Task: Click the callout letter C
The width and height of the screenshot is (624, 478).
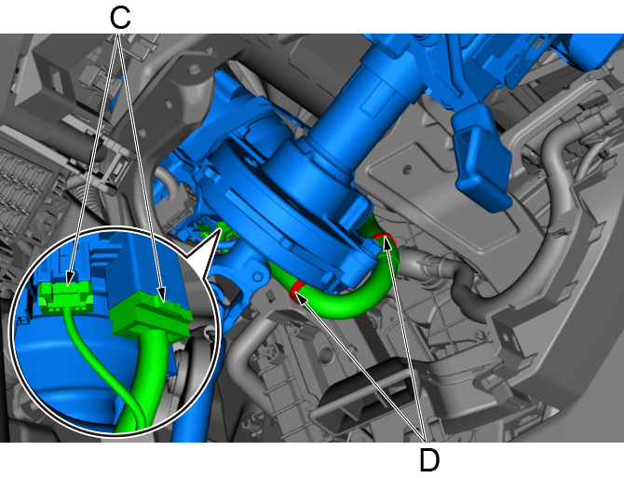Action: click(x=120, y=19)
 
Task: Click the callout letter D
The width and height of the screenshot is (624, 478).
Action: click(x=429, y=460)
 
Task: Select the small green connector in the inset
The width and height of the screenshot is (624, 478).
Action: click(x=66, y=295)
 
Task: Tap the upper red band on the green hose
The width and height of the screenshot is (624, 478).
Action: click(x=385, y=238)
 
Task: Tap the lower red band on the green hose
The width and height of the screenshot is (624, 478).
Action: click(x=296, y=290)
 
